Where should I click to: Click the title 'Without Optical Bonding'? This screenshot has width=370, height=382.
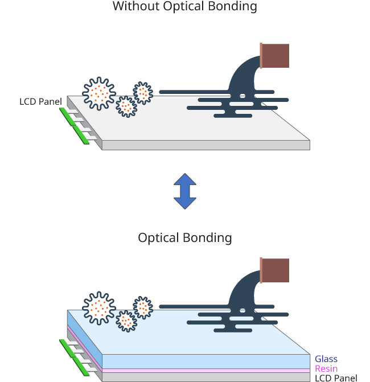(185, 7)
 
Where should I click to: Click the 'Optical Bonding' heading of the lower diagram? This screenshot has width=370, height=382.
(185, 237)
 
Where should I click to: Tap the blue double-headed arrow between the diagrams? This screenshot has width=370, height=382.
(185, 191)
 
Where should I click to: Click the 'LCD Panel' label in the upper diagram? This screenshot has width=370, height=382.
(40, 102)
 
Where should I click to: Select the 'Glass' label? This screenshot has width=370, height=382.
(326, 359)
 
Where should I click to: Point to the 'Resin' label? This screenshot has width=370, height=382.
(326, 369)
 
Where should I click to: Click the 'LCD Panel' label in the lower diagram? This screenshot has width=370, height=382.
(336, 378)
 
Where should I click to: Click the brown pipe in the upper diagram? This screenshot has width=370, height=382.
(275, 55)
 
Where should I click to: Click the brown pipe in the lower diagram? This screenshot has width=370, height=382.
(275, 270)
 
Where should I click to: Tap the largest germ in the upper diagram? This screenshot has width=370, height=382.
(100, 93)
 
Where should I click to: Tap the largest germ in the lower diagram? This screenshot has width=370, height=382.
(100, 308)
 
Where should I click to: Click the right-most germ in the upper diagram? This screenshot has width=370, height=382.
(143, 92)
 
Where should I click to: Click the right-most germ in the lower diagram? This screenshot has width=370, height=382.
(143, 307)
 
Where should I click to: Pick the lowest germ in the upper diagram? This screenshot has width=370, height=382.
(126, 106)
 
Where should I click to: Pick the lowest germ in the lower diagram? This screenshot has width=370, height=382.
(126, 321)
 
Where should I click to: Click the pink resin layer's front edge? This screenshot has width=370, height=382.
(205, 370)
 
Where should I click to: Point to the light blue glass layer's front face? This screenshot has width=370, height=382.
(205, 360)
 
